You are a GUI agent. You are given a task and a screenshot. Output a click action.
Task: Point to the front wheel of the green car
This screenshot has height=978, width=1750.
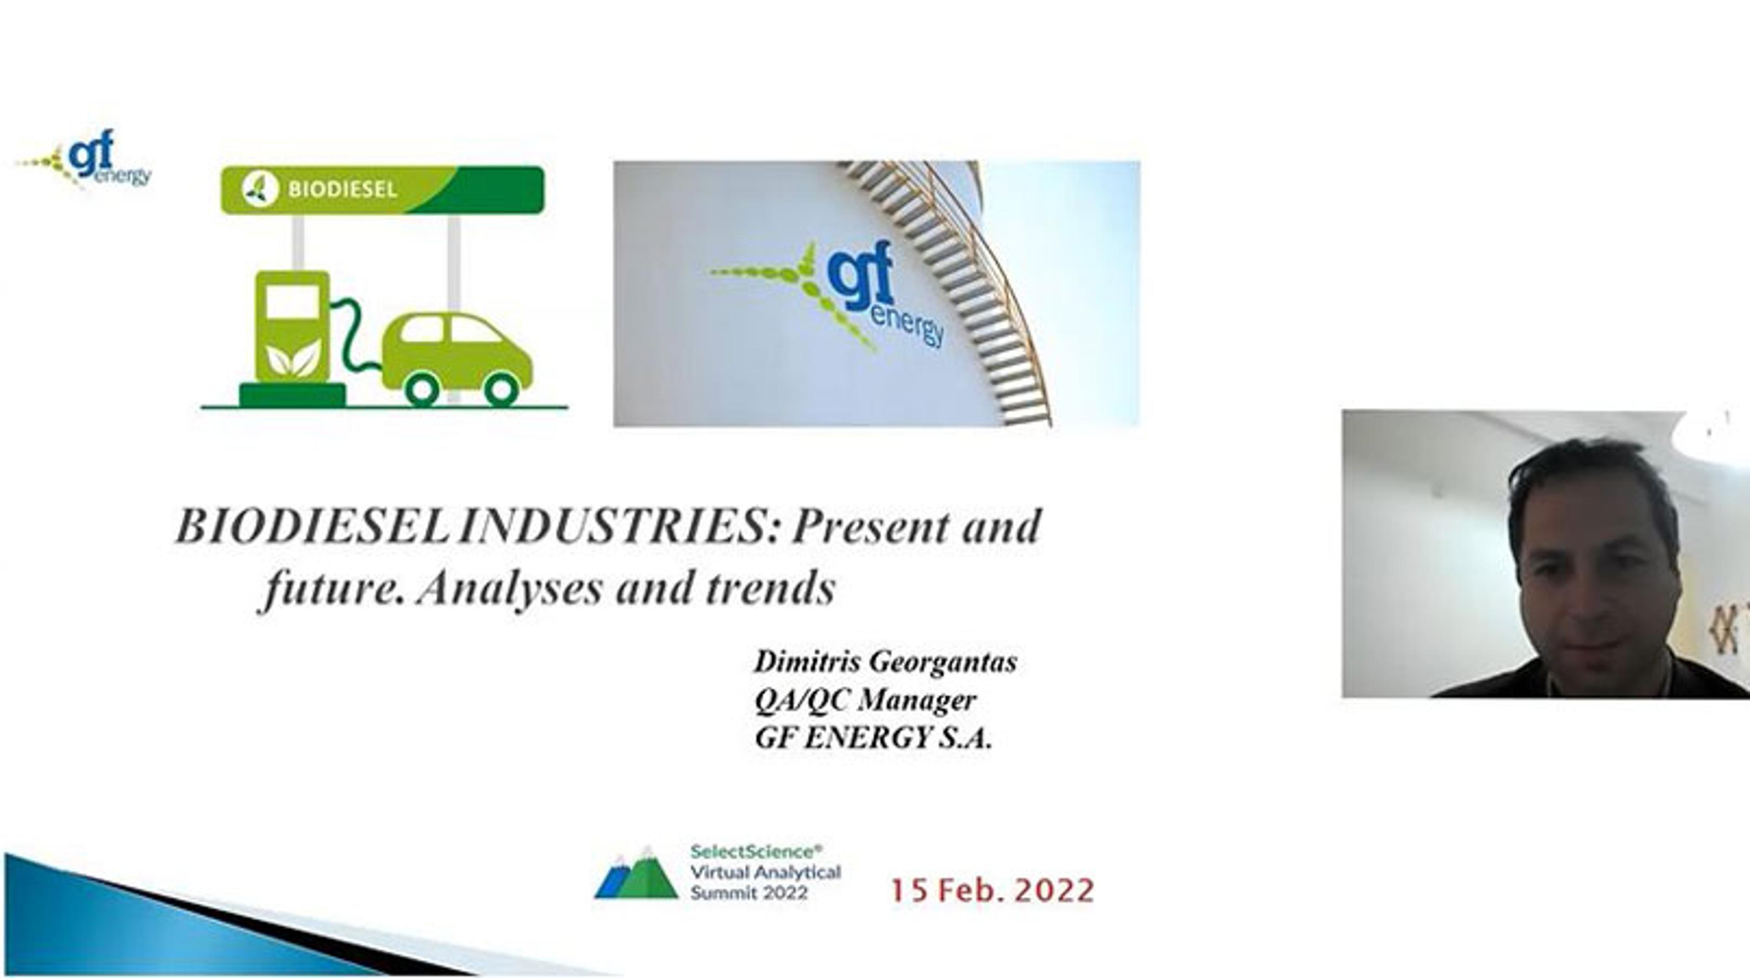tap(501, 389)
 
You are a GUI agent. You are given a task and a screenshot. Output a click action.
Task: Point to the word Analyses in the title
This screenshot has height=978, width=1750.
tap(510, 588)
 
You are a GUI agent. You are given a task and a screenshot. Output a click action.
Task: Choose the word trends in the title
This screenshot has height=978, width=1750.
tap(770, 588)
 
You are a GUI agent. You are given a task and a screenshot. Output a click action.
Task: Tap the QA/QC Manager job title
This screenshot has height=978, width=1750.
tap(865, 700)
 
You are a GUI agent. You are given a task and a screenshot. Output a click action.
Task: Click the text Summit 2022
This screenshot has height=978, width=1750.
tap(749, 892)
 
